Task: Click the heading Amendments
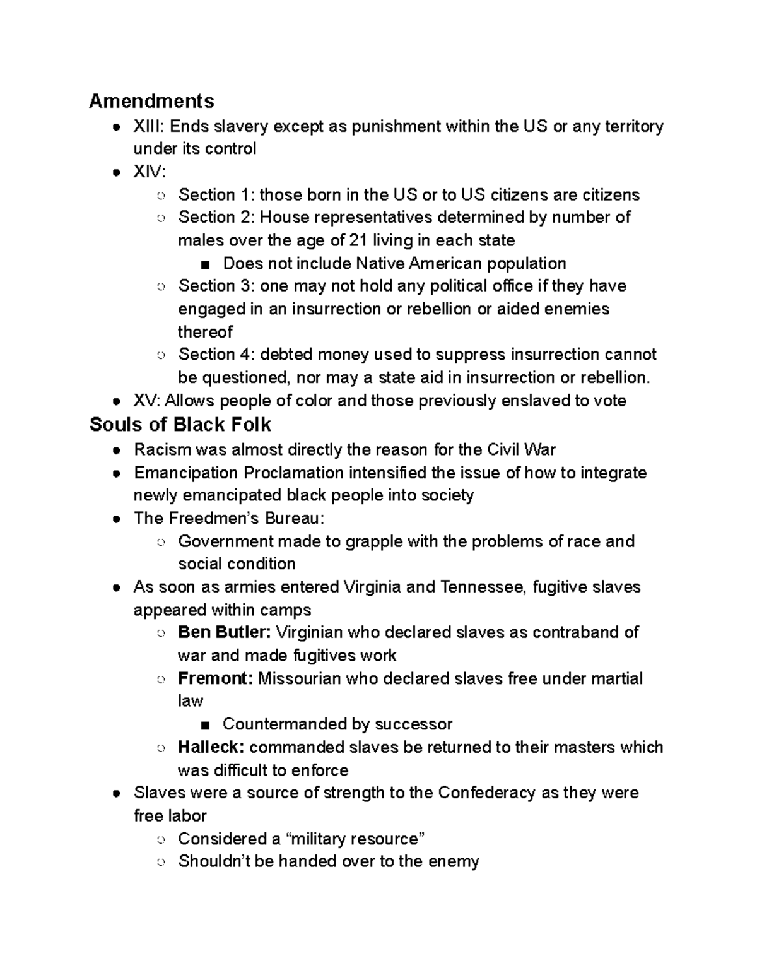(151, 101)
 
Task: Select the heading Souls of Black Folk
(180, 425)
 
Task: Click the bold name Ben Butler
(224, 632)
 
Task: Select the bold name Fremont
(215, 678)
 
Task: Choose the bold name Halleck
(211, 747)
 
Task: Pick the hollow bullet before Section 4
(161, 355)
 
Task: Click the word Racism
(162, 450)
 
